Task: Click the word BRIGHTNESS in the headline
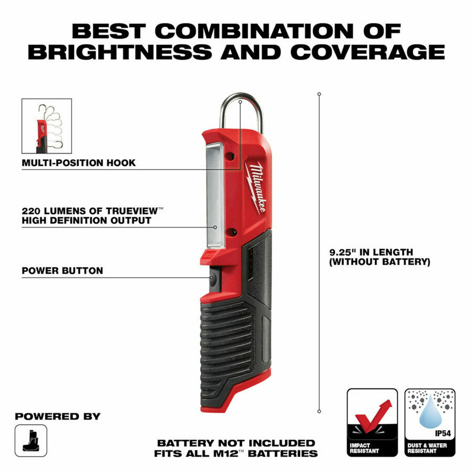pyautogui.click(x=120, y=52)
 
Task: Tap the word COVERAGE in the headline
pyautogui.click(x=368, y=52)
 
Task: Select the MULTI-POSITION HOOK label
pyautogui.click(x=79, y=163)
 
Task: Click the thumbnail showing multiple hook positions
pyautogui.click(x=47, y=126)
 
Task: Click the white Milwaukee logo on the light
pyautogui.click(x=256, y=188)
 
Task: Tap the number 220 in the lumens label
pyautogui.click(x=30, y=211)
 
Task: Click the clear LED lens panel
pyautogui.click(x=215, y=195)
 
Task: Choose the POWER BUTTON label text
pyautogui.click(x=62, y=271)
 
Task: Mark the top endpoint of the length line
pyautogui.click(x=319, y=94)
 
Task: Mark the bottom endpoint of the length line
pyautogui.click(x=319, y=411)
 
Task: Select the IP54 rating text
pyautogui.click(x=443, y=434)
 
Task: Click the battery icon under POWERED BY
pyautogui.click(x=31, y=441)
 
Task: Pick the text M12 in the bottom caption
pyautogui.click(x=226, y=453)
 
